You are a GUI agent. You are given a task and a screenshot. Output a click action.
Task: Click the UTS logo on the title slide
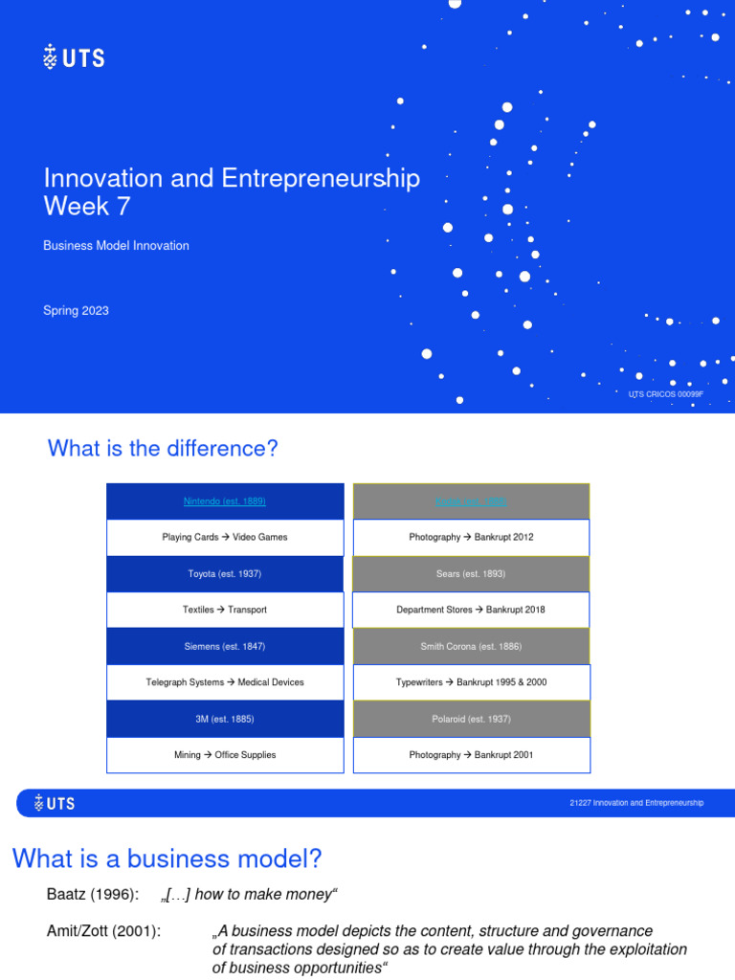74,57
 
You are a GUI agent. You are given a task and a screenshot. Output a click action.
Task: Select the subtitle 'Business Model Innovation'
116,246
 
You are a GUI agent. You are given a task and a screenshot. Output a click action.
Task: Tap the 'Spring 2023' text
76,310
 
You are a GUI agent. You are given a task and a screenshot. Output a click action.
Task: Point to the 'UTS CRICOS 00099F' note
665,394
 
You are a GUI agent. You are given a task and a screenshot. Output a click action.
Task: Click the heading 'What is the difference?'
162,448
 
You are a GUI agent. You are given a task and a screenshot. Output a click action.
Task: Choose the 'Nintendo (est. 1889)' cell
225,501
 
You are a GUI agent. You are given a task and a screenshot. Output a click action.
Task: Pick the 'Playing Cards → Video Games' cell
225,537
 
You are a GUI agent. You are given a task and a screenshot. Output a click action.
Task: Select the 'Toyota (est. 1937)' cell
225,573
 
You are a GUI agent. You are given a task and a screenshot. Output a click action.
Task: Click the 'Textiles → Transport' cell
225,610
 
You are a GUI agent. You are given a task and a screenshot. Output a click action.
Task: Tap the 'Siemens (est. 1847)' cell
225,646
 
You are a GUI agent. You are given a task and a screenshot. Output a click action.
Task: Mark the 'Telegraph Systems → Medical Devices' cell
225,682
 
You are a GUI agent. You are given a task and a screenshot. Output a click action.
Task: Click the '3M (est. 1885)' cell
225,719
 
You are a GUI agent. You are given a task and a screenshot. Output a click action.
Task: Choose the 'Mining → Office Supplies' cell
225,755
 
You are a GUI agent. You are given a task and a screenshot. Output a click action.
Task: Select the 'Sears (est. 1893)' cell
471,573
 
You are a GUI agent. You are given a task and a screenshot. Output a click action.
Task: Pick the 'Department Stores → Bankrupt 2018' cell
471,610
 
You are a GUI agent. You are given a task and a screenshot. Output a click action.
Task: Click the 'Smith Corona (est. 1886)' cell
471,646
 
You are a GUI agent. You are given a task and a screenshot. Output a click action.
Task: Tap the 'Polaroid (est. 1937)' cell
471,719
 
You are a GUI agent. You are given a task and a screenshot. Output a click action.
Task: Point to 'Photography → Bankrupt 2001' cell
471,755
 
